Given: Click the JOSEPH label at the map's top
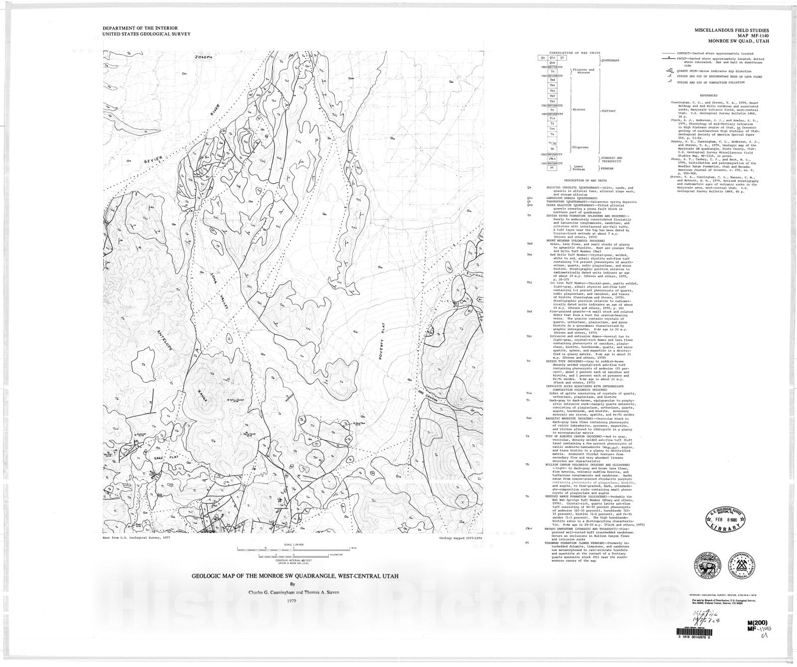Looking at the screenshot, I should pos(203,57).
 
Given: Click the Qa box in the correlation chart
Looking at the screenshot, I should pos(543,57).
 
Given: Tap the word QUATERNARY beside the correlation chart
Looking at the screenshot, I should pos(611,61).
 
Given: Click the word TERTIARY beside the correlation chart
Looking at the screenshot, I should pos(608,111).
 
